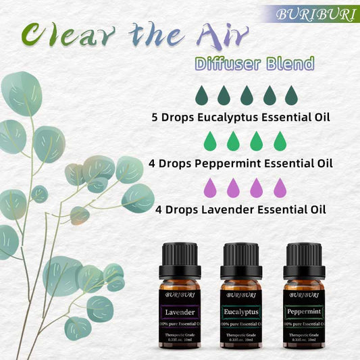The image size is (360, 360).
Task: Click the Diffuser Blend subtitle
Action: (x=253, y=64)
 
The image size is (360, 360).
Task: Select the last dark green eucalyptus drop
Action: (x=291, y=95)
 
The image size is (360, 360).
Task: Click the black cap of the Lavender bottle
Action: (x=180, y=253)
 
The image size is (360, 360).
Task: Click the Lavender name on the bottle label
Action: (x=180, y=313)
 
